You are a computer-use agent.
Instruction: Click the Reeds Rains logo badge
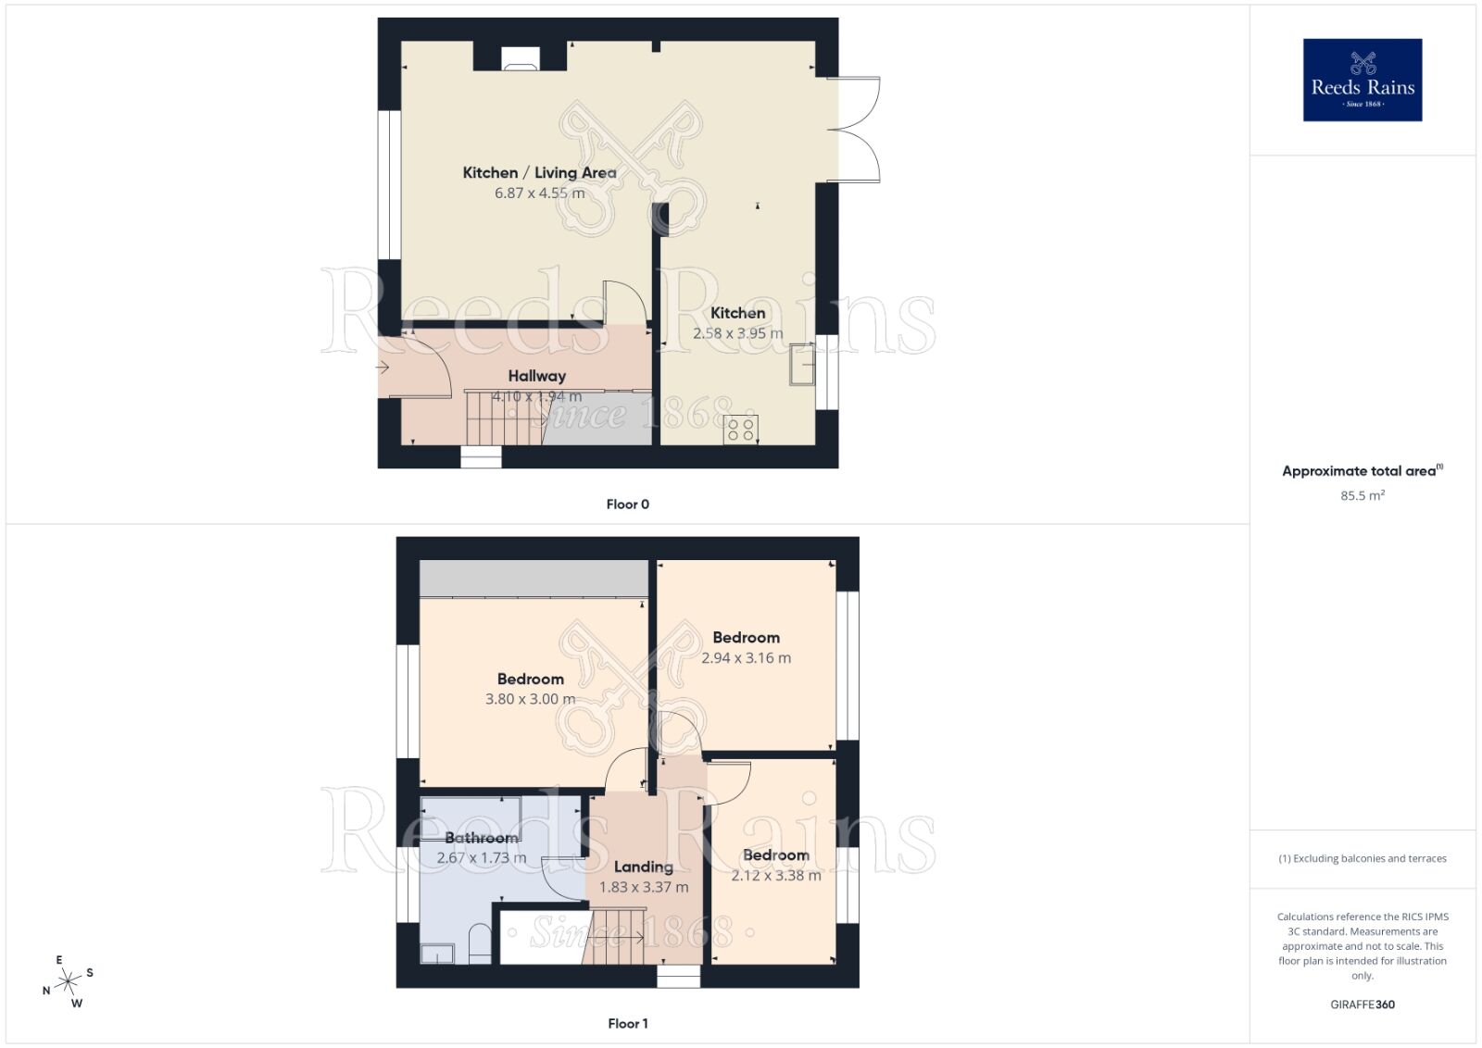tap(1362, 80)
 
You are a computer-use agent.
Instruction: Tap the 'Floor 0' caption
tap(627, 505)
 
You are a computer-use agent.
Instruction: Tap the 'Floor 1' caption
tap(627, 1023)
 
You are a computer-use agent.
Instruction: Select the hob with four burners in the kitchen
tap(741, 430)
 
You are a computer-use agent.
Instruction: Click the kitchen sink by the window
tap(802, 364)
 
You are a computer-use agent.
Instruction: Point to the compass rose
tap(69, 981)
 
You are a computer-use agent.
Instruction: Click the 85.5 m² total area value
tap(1362, 495)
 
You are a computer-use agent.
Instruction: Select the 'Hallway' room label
tap(536, 376)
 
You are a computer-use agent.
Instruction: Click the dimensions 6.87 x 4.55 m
tap(539, 193)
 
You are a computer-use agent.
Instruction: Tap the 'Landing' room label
tap(643, 867)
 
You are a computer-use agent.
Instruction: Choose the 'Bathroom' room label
tap(481, 838)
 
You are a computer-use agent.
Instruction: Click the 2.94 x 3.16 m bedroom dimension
tap(746, 658)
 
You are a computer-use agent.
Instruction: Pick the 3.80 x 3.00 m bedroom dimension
tap(530, 699)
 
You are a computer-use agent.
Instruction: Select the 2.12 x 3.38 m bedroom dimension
tap(775, 875)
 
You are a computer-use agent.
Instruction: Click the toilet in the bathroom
tap(480, 943)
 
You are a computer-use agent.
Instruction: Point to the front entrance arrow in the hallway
tap(383, 368)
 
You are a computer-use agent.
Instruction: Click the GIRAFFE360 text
tap(1362, 1004)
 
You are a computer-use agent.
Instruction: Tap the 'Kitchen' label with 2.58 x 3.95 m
tap(737, 313)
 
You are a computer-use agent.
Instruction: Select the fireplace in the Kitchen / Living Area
tap(520, 58)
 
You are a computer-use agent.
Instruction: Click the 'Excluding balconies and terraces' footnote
tap(1362, 858)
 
